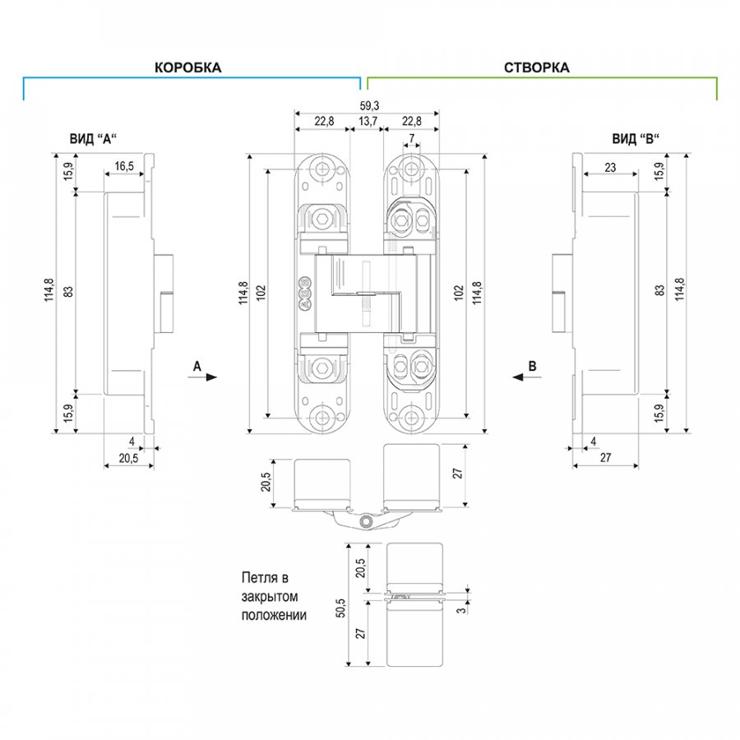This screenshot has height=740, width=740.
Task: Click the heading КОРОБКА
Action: [x=187, y=67]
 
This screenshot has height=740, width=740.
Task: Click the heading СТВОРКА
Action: [x=537, y=67]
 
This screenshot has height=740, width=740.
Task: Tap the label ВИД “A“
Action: [x=93, y=139]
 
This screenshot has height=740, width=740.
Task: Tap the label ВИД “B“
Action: [x=636, y=139]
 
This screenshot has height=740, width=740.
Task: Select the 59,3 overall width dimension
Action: [x=369, y=106]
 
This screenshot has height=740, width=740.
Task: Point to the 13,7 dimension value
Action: [x=368, y=122]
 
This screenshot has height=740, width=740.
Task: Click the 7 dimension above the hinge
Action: [x=412, y=138]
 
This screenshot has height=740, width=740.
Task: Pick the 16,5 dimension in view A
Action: [x=124, y=166]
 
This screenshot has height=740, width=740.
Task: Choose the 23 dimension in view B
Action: [x=610, y=167]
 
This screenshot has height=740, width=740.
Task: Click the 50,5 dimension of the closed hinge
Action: [x=340, y=608]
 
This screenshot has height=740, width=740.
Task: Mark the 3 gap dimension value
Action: [x=461, y=609]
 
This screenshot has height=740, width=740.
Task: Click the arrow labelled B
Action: [x=527, y=377]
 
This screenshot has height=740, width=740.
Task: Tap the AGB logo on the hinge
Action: [x=305, y=293]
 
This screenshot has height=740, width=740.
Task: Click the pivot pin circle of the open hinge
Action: [x=365, y=521]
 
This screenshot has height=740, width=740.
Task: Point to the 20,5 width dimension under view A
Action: [x=128, y=457]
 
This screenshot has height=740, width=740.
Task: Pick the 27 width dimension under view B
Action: [x=605, y=457]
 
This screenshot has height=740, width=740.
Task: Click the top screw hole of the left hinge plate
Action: [x=322, y=168]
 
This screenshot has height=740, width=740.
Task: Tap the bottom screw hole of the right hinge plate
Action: [x=412, y=417]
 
